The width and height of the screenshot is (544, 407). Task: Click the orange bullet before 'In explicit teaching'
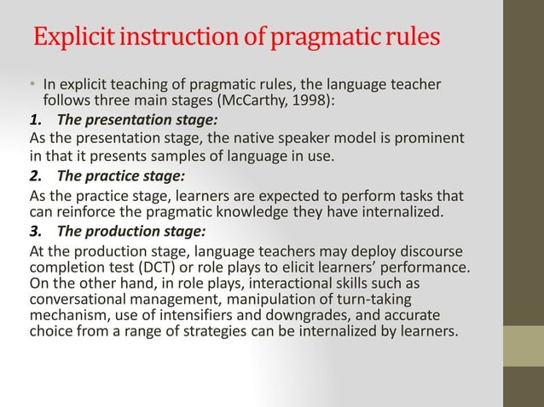[x=32, y=84]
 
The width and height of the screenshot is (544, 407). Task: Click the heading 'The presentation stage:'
[x=125, y=118]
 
